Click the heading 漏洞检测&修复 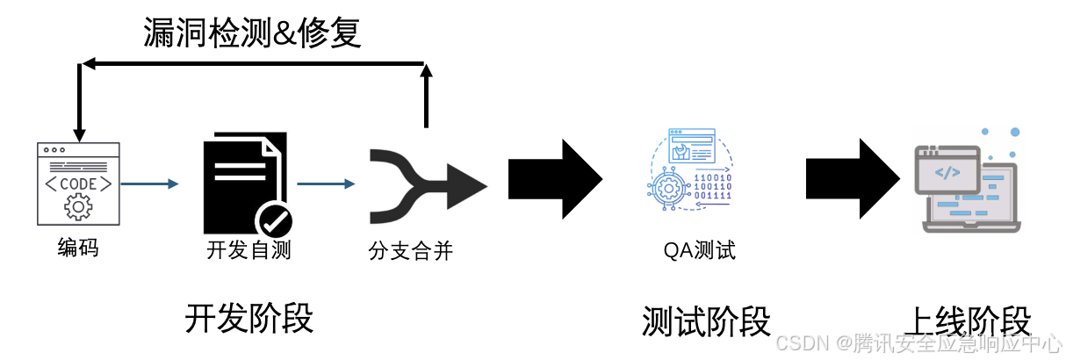(253, 33)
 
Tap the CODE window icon (78, 184)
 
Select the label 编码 (78, 248)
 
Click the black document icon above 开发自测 (241, 180)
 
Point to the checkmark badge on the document (273, 220)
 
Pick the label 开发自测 (248, 251)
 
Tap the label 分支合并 (410, 251)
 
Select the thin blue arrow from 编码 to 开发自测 (149, 184)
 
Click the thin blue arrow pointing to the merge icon (327, 184)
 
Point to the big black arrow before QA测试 (555, 180)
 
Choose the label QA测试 (700, 251)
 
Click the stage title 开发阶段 (248, 318)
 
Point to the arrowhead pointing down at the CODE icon (79, 134)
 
